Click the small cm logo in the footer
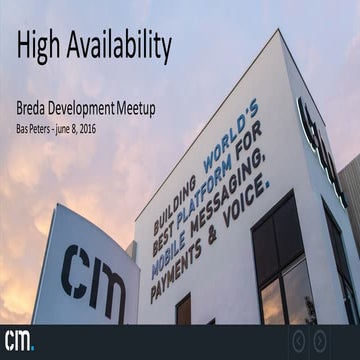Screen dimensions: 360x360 point(18,339)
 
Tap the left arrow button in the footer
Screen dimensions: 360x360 point(297,341)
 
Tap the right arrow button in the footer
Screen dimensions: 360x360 point(319,341)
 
